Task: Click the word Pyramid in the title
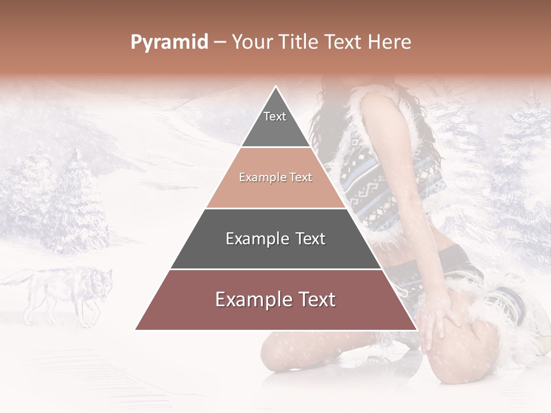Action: click(x=169, y=42)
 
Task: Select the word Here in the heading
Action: click(x=390, y=42)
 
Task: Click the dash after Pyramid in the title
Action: click(x=220, y=42)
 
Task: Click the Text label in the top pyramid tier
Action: click(x=275, y=116)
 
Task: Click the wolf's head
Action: click(x=102, y=283)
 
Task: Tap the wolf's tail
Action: click(x=14, y=279)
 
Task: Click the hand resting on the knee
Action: click(x=439, y=321)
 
